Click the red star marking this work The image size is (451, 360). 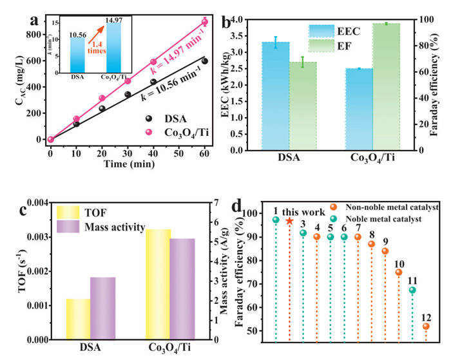click(x=289, y=221)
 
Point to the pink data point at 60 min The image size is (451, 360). click(x=204, y=22)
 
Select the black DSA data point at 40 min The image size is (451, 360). click(x=153, y=82)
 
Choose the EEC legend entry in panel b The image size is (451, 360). click(x=348, y=30)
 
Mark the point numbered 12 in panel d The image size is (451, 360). click(x=426, y=327)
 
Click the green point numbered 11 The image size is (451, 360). click(x=412, y=290)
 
